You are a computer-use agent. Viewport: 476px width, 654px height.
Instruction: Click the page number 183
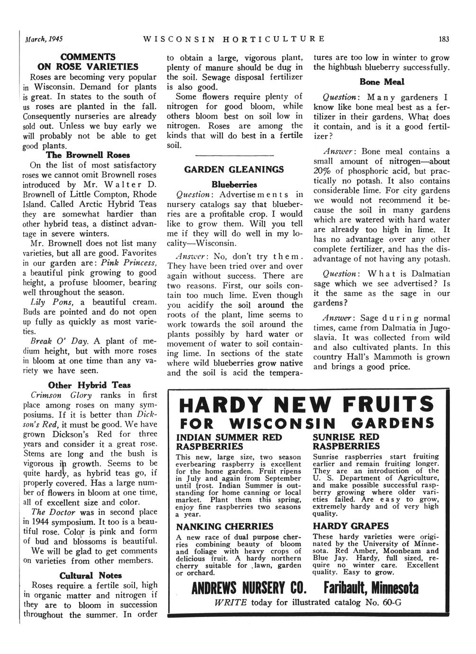pyautogui.click(x=444, y=39)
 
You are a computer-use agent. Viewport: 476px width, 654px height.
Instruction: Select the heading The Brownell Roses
pyautogui.click(x=88, y=155)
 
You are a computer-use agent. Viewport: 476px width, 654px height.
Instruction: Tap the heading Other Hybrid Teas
pyautogui.click(x=90, y=385)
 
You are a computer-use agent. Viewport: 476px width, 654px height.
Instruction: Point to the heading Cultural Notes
pyautogui.click(x=90, y=575)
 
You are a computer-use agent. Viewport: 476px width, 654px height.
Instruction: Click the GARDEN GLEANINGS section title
pyautogui.click(x=234, y=169)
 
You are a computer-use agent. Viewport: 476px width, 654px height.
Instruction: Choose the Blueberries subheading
pyautogui.click(x=234, y=184)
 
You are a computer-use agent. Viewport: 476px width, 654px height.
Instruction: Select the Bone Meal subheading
pyautogui.click(x=382, y=82)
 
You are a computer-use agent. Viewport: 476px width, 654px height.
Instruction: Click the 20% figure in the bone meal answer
pyautogui.click(x=323, y=171)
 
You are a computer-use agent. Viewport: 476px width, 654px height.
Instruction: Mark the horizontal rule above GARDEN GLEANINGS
pyautogui.click(x=234, y=155)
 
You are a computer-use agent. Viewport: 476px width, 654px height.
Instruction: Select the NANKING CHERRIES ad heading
pyautogui.click(x=225, y=527)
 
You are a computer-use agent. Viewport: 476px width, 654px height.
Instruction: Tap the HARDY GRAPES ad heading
pyautogui.click(x=350, y=526)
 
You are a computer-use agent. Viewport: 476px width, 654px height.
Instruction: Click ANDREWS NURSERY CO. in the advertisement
pyautogui.click(x=248, y=589)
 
